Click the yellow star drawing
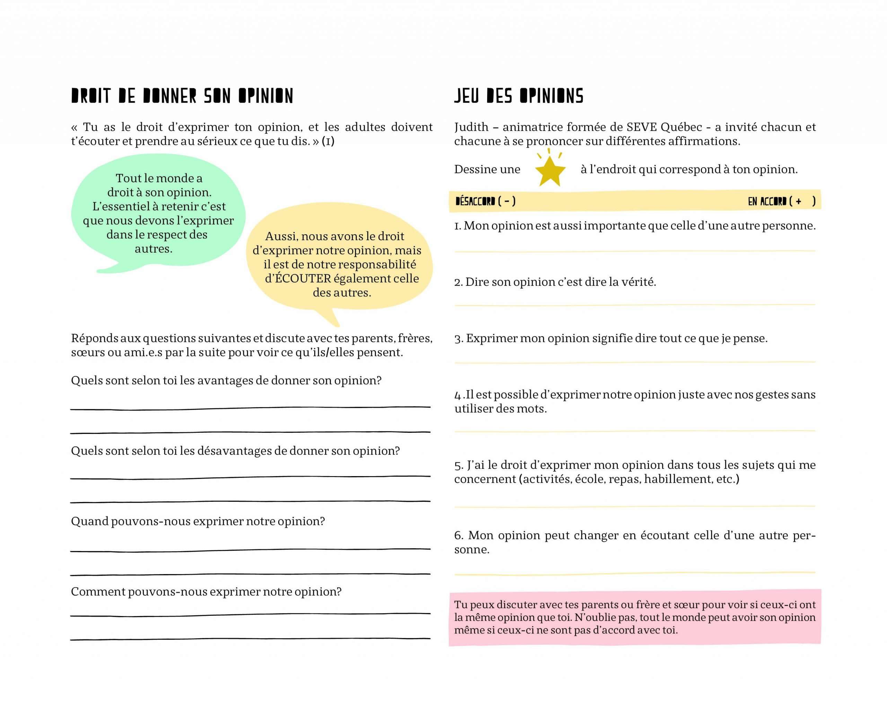[550, 170]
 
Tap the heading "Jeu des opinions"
[519, 96]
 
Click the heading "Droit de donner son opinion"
[182, 96]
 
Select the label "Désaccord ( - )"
[485, 201]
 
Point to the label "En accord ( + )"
[781, 201]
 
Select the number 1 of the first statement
[457, 226]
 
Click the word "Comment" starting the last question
[98, 592]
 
